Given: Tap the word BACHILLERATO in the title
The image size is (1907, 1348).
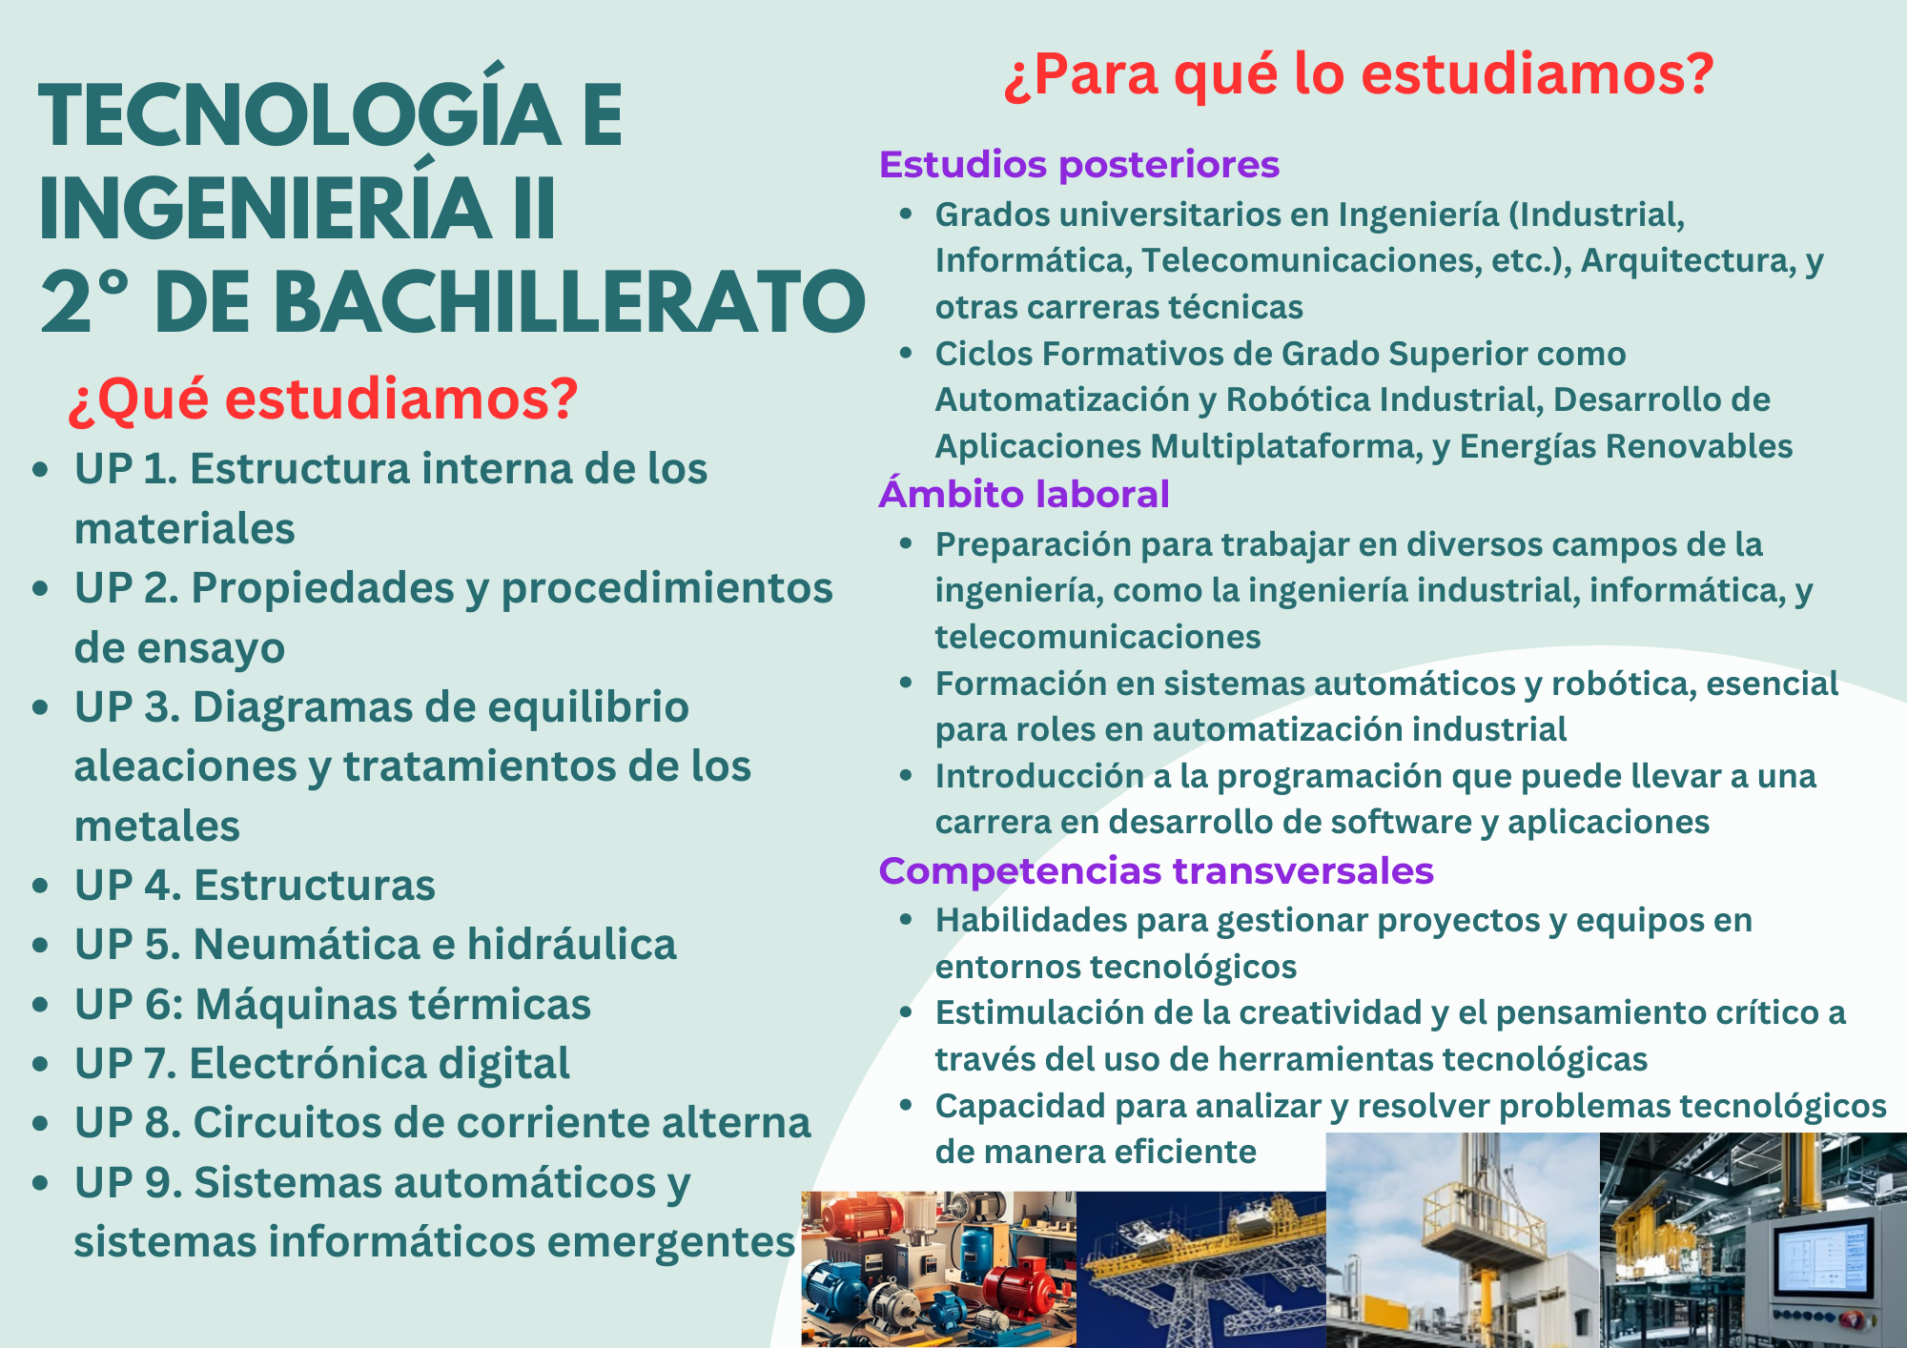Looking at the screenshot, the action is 571,301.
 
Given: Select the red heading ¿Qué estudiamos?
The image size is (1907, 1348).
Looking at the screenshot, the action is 323,399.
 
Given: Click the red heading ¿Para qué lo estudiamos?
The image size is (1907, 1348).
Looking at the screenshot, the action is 1360,74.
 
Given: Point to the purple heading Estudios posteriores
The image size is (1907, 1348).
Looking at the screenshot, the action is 1079,164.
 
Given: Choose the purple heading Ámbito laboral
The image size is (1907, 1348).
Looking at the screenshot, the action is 1024,494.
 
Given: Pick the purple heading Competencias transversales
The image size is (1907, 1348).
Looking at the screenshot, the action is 1157,870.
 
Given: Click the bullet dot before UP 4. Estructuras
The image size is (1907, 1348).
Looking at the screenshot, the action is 40,886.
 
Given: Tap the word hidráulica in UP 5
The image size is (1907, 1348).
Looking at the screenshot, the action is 572,944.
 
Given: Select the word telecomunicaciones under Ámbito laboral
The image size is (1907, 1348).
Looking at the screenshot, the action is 1098,636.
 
